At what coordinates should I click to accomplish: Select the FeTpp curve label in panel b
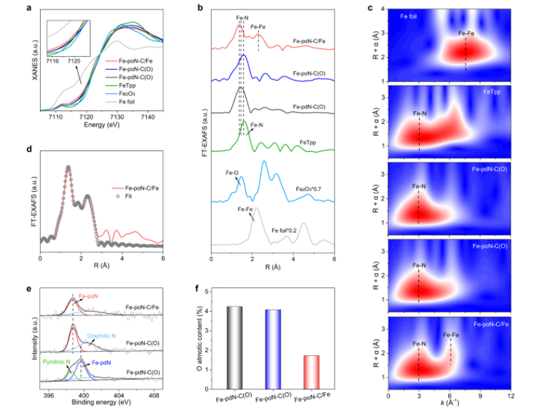click(310, 144)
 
